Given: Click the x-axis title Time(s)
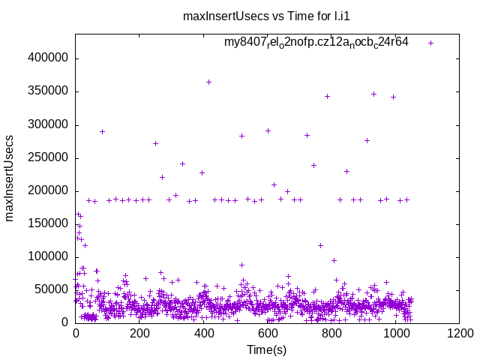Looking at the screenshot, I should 267,349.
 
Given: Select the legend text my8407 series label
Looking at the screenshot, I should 316,43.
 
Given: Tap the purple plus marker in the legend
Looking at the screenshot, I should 430,43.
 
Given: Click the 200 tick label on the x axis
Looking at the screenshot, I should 139,334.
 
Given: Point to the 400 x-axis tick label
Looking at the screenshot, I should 203,334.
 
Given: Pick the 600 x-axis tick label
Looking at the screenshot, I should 268,334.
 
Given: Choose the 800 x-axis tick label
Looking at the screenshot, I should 331,334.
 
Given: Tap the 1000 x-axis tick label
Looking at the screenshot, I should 395,334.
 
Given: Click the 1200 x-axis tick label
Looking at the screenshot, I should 460,334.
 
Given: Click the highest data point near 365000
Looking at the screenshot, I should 208,82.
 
